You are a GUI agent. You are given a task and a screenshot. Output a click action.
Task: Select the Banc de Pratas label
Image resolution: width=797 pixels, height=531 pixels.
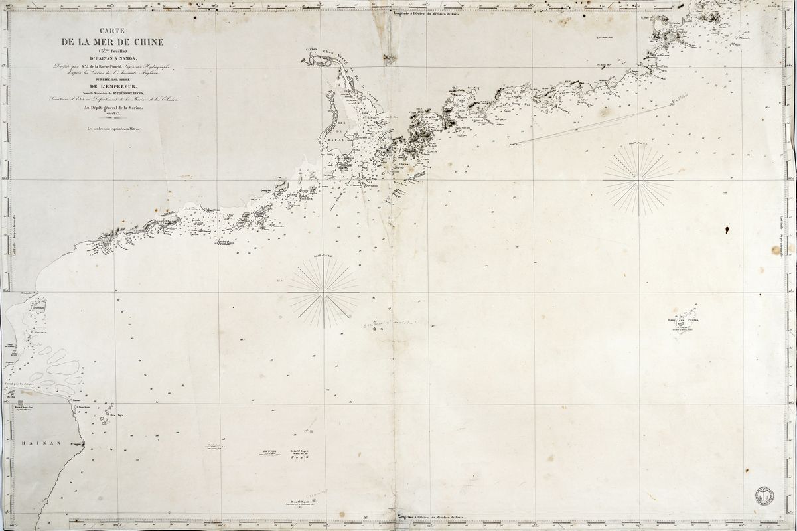684,321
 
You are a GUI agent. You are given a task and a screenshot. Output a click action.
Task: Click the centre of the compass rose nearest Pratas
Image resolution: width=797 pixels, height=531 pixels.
638,180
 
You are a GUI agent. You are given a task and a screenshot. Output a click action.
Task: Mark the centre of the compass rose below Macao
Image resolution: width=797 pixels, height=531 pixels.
324,292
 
